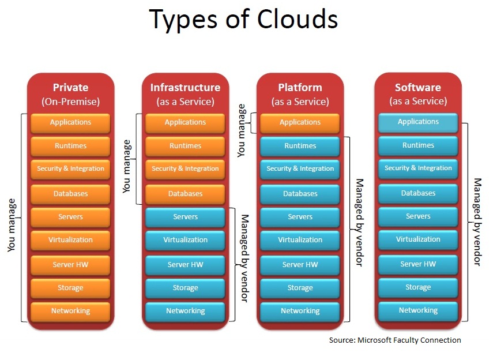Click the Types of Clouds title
(243, 19)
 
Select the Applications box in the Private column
(70, 123)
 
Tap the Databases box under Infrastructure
(185, 194)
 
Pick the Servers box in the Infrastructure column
(185, 217)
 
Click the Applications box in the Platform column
(300, 123)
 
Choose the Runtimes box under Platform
(300, 146)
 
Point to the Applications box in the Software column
(418, 122)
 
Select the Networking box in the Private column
(70, 311)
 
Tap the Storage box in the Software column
(418, 287)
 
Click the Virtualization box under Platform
(300, 240)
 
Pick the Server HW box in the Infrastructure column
(185, 265)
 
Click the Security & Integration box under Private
(70, 169)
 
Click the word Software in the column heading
(418, 87)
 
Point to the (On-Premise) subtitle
(71, 102)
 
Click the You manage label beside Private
(12, 226)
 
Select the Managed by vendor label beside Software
(477, 222)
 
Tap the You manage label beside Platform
(242, 130)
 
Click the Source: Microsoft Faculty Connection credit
(395, 340)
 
